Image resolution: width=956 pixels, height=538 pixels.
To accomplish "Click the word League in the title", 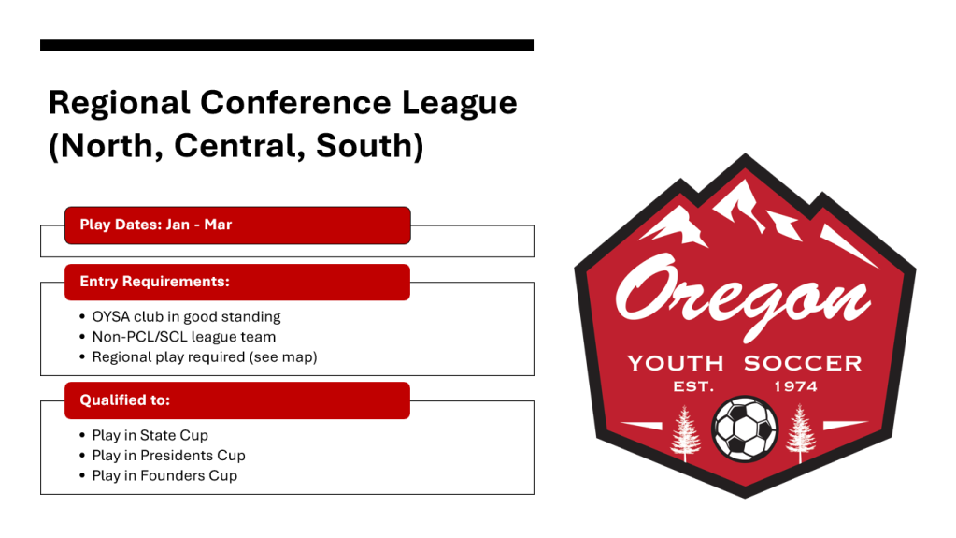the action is (x=459, y=104).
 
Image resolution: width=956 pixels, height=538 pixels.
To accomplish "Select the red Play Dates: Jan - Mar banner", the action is (x=237, y=225).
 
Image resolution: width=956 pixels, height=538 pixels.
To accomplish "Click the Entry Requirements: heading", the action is (x=155, y=282).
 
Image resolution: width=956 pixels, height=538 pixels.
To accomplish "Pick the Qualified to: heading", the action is (x=125, y=400).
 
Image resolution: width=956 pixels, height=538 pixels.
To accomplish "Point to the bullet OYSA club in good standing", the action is (x=187, y=317).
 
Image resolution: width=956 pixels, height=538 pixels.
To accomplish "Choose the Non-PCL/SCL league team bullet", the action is (x=183, y=337).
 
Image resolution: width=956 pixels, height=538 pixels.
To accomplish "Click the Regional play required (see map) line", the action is (x=205, y=357).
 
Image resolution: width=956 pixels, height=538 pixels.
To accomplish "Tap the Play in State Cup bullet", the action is (x=150, y=435).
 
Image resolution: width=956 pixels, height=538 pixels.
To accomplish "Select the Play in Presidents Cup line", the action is (x=169, y=456).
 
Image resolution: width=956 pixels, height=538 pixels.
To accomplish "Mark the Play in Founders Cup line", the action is (x=164, y=475).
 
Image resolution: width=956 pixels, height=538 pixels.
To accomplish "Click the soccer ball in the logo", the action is (x=745, y=429).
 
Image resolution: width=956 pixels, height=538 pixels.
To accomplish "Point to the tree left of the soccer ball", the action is (x=686, y=433).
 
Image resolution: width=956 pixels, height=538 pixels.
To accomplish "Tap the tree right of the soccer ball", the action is (x=801, y=433).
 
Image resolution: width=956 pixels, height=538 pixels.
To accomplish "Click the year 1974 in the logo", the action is (x=795, y=386).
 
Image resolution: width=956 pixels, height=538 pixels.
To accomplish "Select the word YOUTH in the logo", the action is (x=676, y=363).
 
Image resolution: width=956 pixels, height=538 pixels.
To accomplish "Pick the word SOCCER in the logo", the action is (x=803, y=363).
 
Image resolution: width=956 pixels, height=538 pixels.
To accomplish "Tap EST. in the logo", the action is (x=693, y=386).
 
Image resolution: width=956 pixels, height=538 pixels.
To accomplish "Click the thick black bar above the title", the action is (x=287, y=45).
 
